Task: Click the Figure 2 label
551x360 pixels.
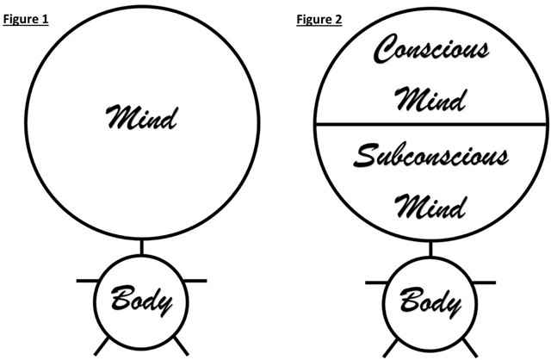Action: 319,19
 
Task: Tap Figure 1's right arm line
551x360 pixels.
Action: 193,280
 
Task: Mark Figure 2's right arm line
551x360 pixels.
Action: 483,280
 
